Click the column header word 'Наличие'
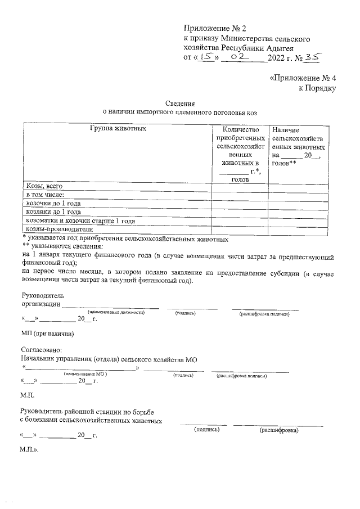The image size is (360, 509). click(x=285, y=129)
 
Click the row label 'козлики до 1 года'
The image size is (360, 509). click(x=53, y=212)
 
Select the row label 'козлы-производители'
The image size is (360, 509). click(x=56, y=229)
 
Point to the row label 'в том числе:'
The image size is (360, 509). click(x=44, y=195)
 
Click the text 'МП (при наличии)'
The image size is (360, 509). click(x=47, y=334)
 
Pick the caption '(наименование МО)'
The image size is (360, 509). click(x=85, y=374)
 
